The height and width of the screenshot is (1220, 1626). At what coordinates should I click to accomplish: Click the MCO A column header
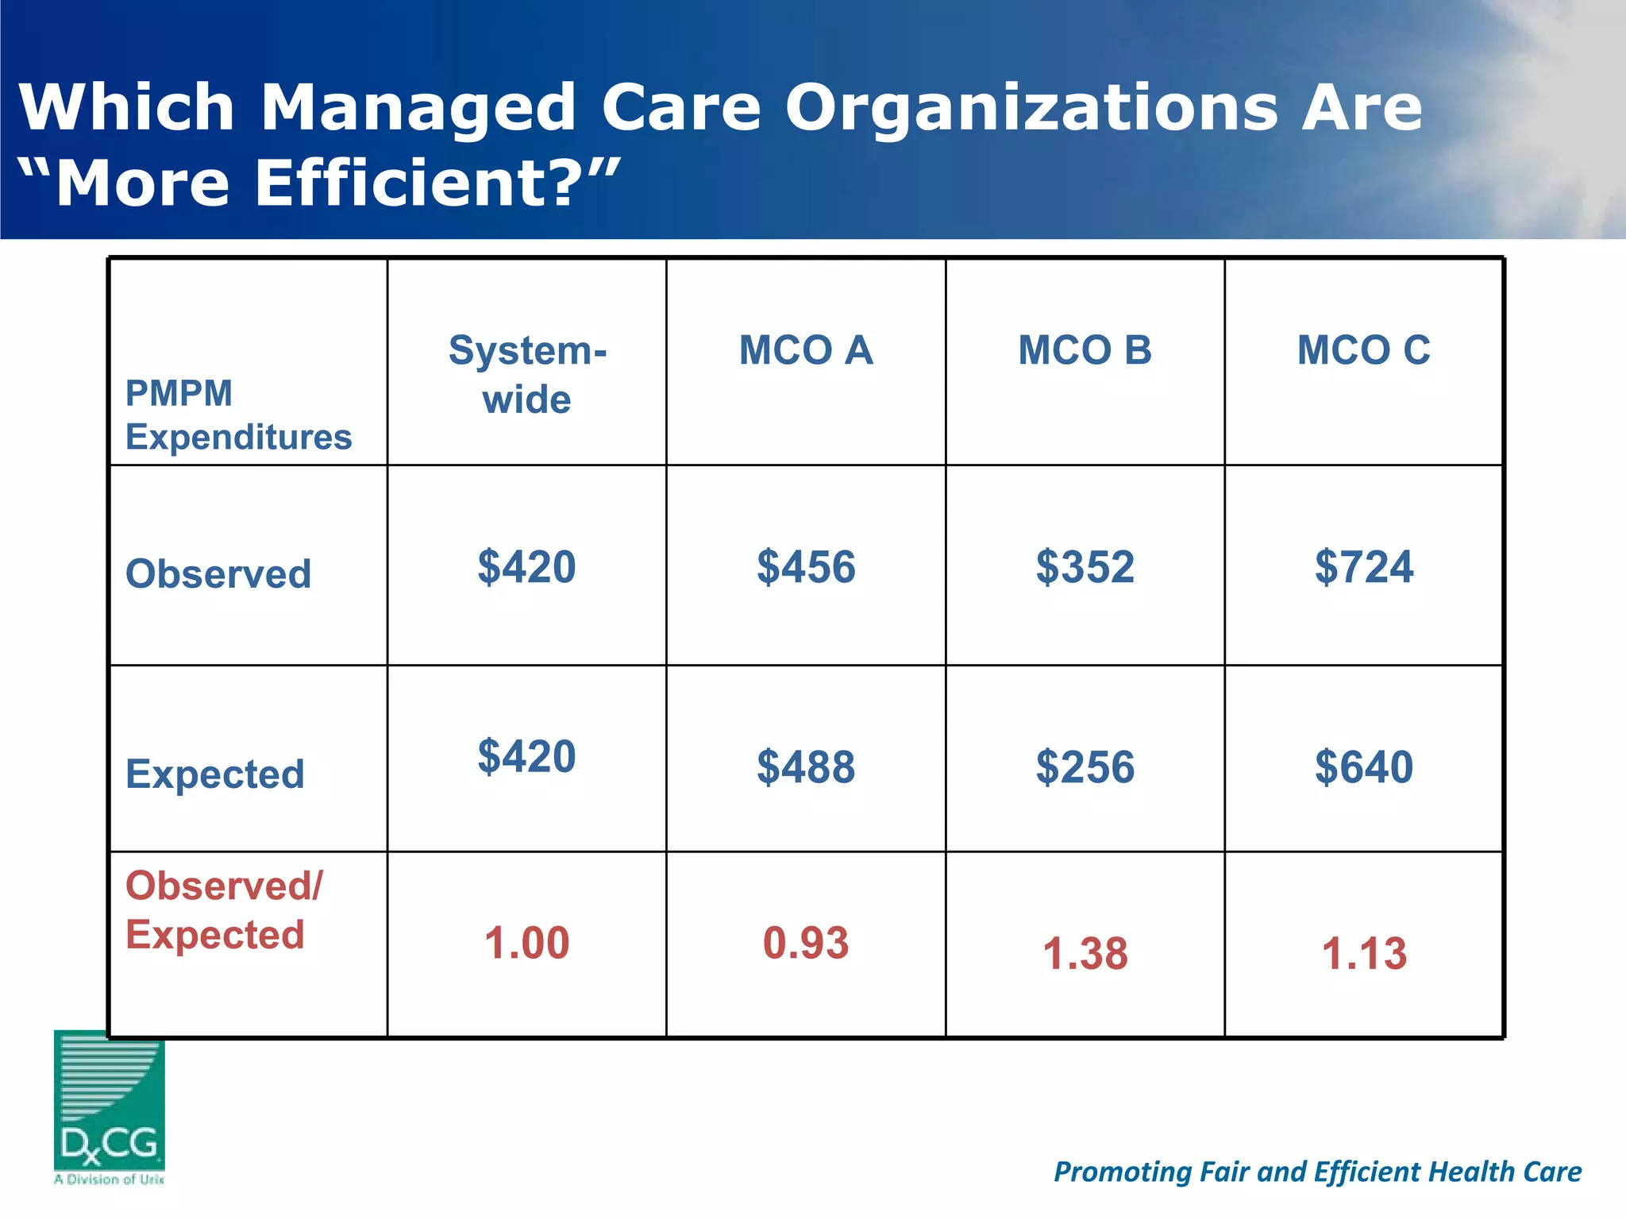(806, 350)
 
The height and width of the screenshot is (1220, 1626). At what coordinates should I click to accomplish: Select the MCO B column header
(1085, 350)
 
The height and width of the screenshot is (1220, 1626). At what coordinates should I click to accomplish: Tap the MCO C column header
(1363, 350)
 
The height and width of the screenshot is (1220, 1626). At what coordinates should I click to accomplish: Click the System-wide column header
(527, 374)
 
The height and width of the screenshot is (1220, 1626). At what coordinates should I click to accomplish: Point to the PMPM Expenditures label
(238, 415)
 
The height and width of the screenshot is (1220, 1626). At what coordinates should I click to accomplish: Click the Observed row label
(218, 573)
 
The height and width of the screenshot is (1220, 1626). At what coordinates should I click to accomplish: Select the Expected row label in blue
(215, 774)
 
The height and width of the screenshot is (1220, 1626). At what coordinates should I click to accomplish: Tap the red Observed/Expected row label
(224, 909)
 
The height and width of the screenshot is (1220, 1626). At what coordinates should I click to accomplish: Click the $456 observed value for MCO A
(806, 567)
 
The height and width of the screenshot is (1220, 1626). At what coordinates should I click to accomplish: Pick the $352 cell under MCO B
(1085, 567)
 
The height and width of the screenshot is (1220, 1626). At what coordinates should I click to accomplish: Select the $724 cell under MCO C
(1363, 567)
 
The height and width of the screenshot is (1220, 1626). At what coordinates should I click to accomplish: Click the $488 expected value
(806, 767)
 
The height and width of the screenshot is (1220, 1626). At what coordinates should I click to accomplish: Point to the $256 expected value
(1085, 767)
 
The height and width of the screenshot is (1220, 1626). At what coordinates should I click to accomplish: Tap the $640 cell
(1363, 767)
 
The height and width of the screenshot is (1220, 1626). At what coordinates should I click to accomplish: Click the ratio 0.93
(806, 944)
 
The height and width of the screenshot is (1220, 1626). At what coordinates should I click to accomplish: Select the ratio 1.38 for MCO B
(1085, 953)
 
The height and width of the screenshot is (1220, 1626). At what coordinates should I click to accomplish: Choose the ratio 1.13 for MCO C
(1363, 953)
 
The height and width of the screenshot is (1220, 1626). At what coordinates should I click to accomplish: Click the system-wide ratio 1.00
(527, 944)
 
